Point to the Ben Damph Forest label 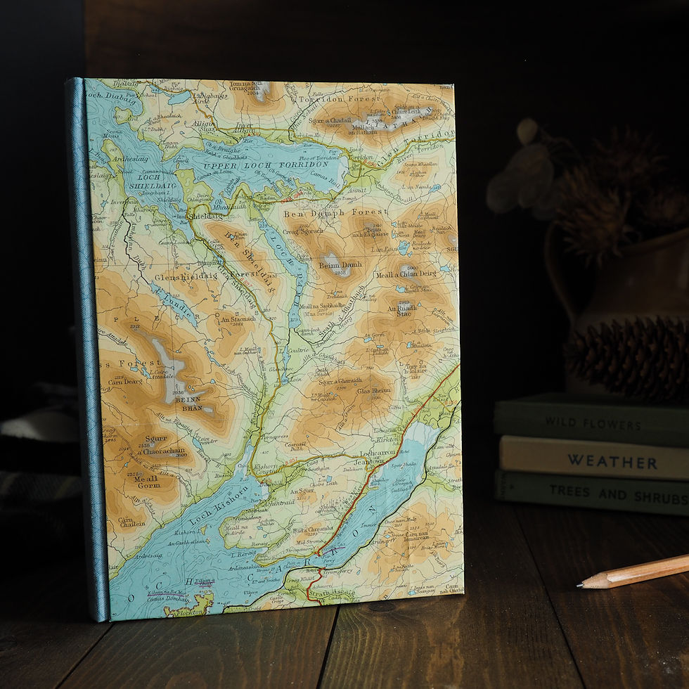(335, 212)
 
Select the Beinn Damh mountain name (340, 264)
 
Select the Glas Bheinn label (373, 391)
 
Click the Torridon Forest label (330, 99)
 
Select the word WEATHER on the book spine (612, 462)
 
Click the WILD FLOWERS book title (593, 424)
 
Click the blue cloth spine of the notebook (88, 352)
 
